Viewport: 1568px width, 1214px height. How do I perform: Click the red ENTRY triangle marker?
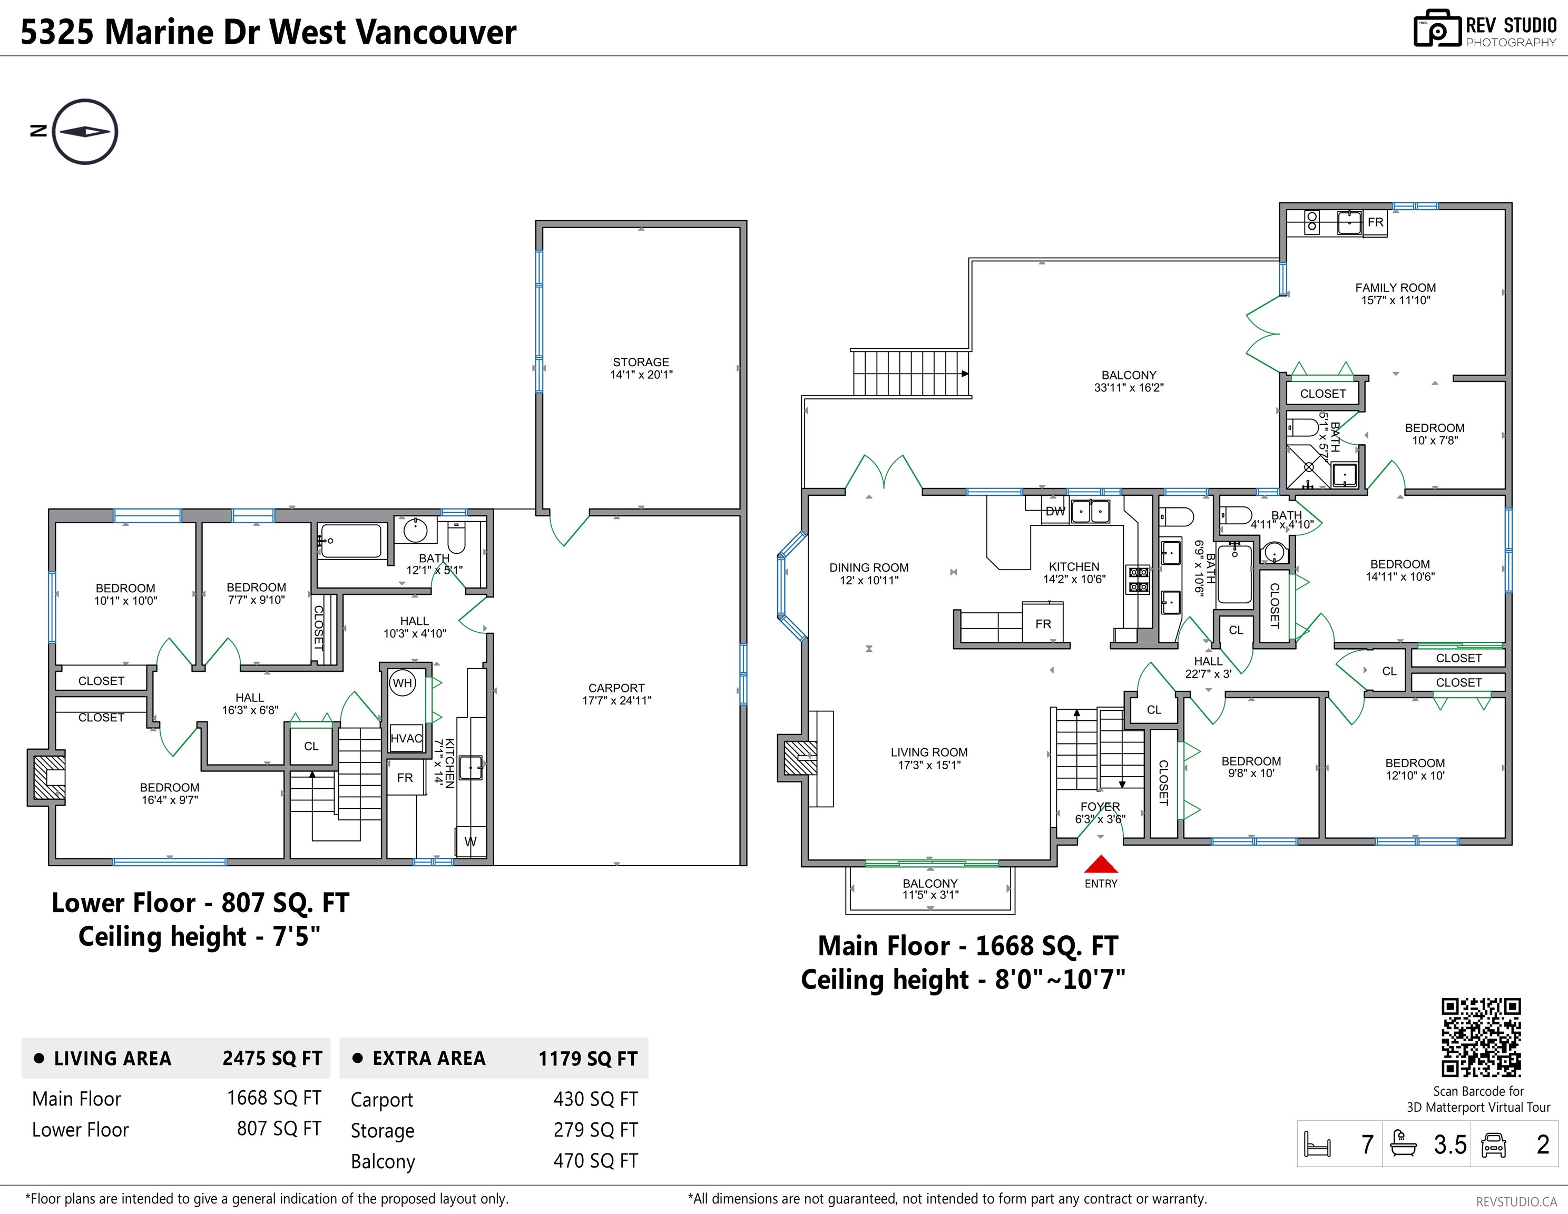point(1101,864)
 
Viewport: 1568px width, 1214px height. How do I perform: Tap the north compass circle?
point(85,131)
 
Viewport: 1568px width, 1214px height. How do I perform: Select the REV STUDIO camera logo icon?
point(1437,29)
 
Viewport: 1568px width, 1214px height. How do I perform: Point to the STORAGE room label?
point(641,363)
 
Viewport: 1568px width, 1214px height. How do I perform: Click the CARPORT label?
point(617,688)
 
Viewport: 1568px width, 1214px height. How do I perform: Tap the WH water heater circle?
point(403,683)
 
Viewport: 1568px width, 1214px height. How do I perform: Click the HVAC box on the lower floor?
point(406,738)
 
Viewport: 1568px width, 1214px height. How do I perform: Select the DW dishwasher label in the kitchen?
point(1055,511)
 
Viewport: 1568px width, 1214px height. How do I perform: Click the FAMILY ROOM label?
point(1396,288)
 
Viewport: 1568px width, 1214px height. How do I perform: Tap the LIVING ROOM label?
point(929,752)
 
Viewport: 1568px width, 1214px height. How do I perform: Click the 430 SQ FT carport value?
point(595,1099)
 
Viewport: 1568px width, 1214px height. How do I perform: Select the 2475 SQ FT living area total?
point(272,1058)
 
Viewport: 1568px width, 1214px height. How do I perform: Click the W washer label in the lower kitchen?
point(471,842)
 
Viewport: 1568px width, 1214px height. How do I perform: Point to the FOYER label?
point(1100,807)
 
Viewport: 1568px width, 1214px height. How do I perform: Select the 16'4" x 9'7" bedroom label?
point(170,800)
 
